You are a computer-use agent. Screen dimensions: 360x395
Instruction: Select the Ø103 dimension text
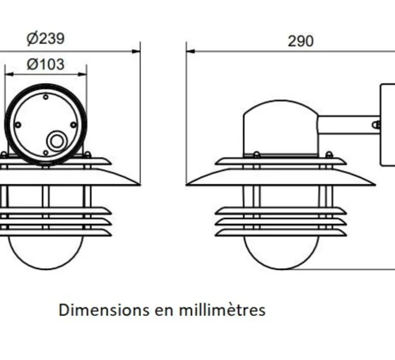pyautogui.click(x=45, y=64)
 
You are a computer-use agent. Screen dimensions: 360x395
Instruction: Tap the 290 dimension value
pyautogui.click(x=300, y=41)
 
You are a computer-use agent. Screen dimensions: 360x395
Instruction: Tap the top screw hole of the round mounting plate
pyautogui.click(x=46, y=97)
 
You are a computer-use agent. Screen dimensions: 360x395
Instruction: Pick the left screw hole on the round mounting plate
pyautogui.click(x=18, y=125)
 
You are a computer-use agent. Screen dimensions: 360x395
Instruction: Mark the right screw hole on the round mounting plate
pyautogui.click(x=73, y=125)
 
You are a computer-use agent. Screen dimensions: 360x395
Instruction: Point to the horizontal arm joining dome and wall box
pyautogui.click(x=348, y=125)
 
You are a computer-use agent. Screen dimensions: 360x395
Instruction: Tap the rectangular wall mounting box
pyautogui.click(x=388, y=125)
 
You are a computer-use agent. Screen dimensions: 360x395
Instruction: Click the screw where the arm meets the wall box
pyautogui.click(x=376, y=125)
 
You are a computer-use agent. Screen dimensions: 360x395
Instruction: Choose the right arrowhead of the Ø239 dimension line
pyautogui.click(x=136, y=52)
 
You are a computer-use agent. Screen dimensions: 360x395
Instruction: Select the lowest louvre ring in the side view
pyautogui.click(x=280, y=233)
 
